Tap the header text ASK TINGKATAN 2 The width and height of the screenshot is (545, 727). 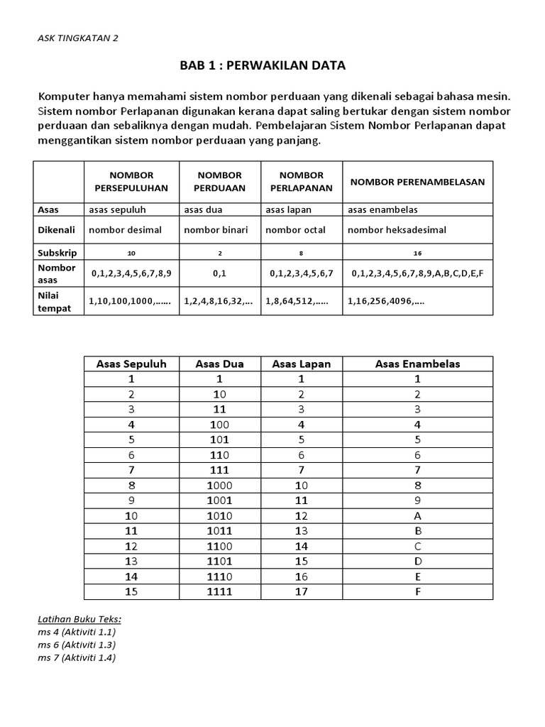[x=78, y=38]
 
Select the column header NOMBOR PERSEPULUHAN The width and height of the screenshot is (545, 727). [x=131, y=182]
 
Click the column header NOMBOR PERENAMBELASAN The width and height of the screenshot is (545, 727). [x=417, y=182]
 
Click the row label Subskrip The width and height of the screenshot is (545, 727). [x=57, y=252]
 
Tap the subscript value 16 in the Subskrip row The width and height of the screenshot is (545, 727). [x=417, y=253]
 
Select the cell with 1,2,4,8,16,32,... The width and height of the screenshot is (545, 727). [x=218, y=300]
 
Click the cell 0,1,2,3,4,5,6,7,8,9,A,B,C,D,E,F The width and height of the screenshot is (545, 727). [x=416, y=273]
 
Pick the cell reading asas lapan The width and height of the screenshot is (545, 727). [x=288, y=209]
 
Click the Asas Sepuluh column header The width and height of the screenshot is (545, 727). [x=131, y=364]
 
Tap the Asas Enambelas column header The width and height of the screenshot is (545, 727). [x=417, y=364]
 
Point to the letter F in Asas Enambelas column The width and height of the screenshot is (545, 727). [x=417, y=591]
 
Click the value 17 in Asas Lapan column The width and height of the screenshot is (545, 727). [x=302, y=591]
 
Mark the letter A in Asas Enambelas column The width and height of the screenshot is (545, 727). [x=417, y=516]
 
